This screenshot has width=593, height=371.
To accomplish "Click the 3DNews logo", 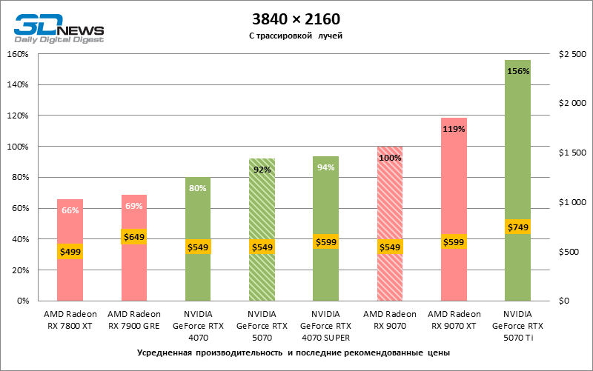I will (59, 28).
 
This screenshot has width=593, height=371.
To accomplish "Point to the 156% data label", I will (517, 71).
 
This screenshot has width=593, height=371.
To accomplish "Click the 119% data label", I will (454, 129).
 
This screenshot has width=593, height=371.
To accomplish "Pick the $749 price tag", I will (517, 227).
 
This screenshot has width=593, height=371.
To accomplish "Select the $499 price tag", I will (70, 252).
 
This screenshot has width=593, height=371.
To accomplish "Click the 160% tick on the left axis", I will (17, 54).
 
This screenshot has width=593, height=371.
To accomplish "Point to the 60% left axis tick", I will (19, 208).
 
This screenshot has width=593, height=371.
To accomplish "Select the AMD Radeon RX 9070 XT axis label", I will (454, 319).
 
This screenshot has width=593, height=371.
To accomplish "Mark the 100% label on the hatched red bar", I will (390, 158).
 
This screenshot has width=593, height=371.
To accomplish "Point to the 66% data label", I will (70, 210).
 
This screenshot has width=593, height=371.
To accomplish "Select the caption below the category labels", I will (294, 352).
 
